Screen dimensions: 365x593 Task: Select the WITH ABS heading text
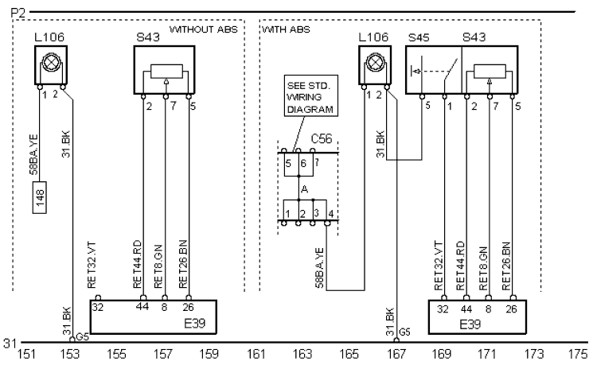[x=286, y=31]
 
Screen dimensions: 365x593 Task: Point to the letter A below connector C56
[x=303, y=188]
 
